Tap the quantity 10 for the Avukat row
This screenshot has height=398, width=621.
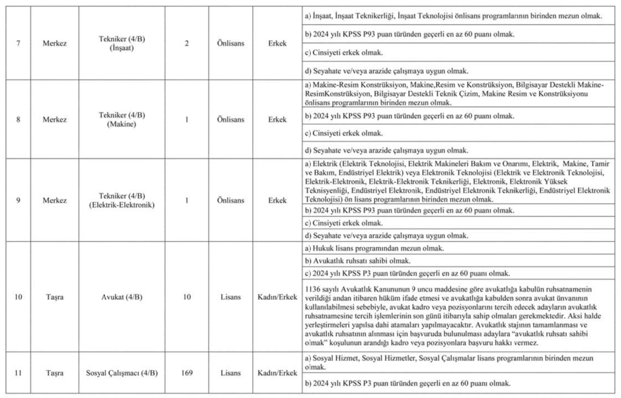tap(186, 297)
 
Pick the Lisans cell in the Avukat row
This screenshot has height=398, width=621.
tap(230, 297)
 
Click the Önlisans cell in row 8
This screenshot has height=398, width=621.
tap(230, 120)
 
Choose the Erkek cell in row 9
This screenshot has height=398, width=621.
tap(277, 200)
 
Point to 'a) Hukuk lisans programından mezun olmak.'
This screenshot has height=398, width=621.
tap(375, 249)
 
